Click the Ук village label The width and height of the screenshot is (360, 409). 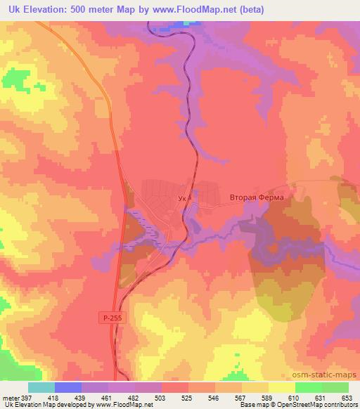click(183, 199)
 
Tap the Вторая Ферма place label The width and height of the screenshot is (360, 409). click(257, 197)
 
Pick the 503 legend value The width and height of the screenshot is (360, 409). click(162, 397)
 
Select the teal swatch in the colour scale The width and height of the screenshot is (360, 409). click(41, 387)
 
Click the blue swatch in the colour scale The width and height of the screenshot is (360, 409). click(68, 387)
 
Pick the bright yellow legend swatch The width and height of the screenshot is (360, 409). click(281, 387)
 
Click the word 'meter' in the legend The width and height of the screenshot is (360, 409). click(10, 397)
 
